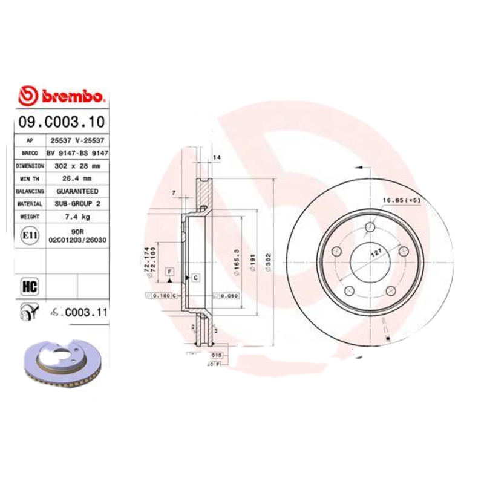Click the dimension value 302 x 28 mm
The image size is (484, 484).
coord(77,165)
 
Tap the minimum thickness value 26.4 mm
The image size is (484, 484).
coord(77,178)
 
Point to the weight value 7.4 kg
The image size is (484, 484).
coord(77,216)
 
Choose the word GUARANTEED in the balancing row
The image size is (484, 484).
coord(77,191)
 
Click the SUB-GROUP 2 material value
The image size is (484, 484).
coord(77,204)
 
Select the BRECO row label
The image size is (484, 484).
coord(30,153)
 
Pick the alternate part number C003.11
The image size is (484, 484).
coord(79,313)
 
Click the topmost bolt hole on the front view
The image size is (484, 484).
coord(371,226)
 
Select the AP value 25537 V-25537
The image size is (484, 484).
coord(77,140)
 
